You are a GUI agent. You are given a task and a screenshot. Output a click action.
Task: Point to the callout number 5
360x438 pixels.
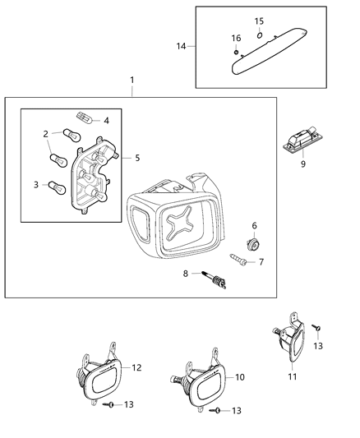[137, 156]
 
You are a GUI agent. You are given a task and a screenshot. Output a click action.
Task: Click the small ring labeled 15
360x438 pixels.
[257, 35]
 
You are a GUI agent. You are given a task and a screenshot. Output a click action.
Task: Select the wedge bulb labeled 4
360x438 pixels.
[83, 119]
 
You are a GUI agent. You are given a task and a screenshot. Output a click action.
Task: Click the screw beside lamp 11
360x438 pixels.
[316, 329]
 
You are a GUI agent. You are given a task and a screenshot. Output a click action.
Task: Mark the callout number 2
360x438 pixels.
[46, 132]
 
